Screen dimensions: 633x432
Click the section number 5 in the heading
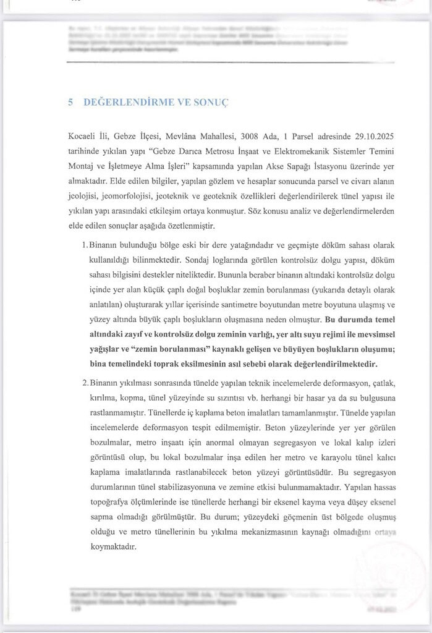(x=72, y=102)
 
